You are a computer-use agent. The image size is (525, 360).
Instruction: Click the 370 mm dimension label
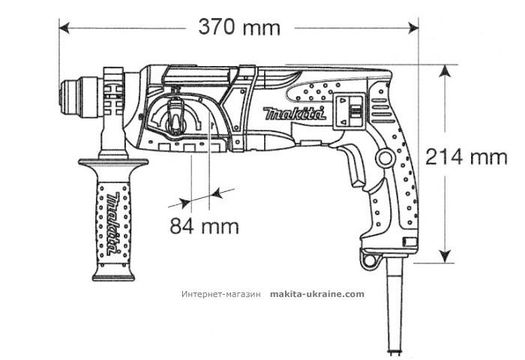[239, 28]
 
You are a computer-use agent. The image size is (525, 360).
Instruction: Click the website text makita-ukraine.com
[316, 295]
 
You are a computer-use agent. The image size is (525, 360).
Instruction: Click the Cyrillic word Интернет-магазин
[220, 295]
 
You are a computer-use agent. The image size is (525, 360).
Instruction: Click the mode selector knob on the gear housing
[175, 115]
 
